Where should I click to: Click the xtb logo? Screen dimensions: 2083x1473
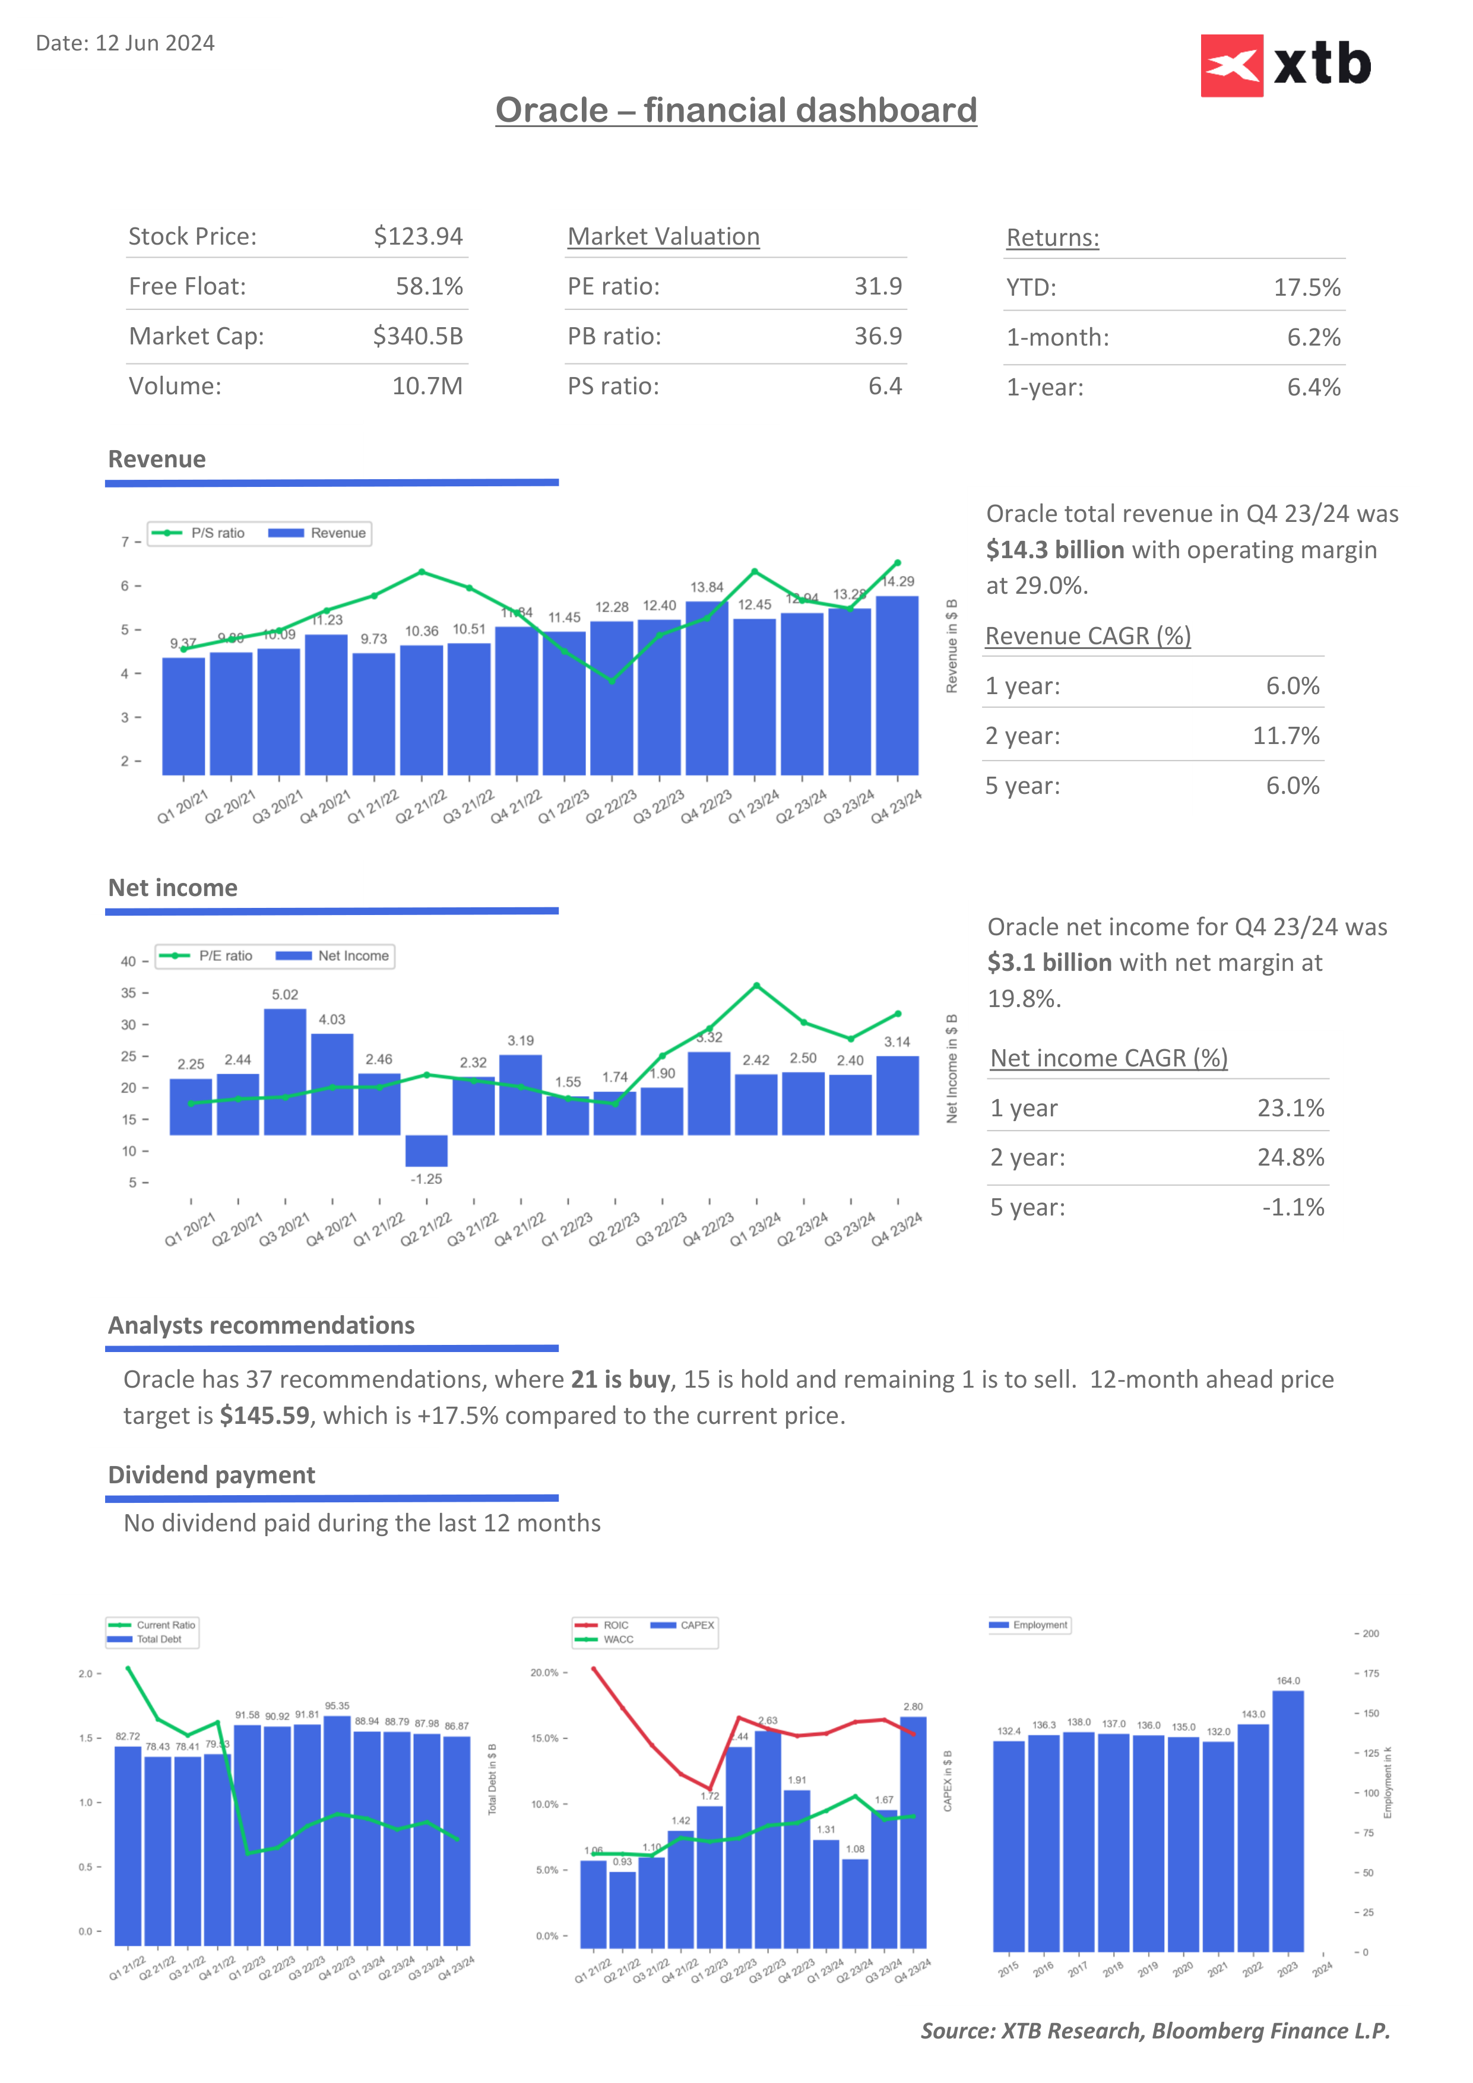[x=1285, y=65]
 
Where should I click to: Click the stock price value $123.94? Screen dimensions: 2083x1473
[x=418, y=237]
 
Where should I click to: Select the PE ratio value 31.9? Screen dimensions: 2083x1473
[x=877, y=287]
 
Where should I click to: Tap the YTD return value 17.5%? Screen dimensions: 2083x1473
[x=1306, y=287]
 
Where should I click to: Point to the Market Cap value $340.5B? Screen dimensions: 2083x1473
[x=417, y=337]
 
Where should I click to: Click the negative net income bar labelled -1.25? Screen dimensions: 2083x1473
[x=426, y=1150]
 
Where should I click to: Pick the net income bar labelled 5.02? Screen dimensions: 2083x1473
[x=285, y=1071]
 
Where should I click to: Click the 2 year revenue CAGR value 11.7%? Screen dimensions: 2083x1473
[x=1285, y=736]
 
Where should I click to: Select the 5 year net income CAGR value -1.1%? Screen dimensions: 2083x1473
[x=1293, y=1208]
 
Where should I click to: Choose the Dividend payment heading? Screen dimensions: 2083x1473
[x=211, y=1475]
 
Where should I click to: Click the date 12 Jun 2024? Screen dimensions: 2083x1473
[x=154, y=43]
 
